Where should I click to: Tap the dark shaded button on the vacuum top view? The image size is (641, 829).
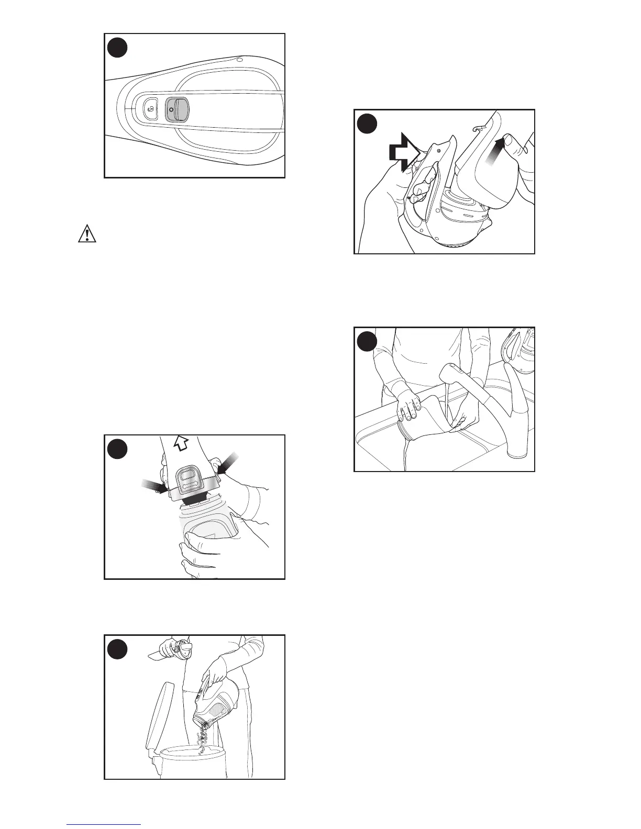tap(176, 109)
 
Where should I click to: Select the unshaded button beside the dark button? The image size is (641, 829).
tap(151, 108)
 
